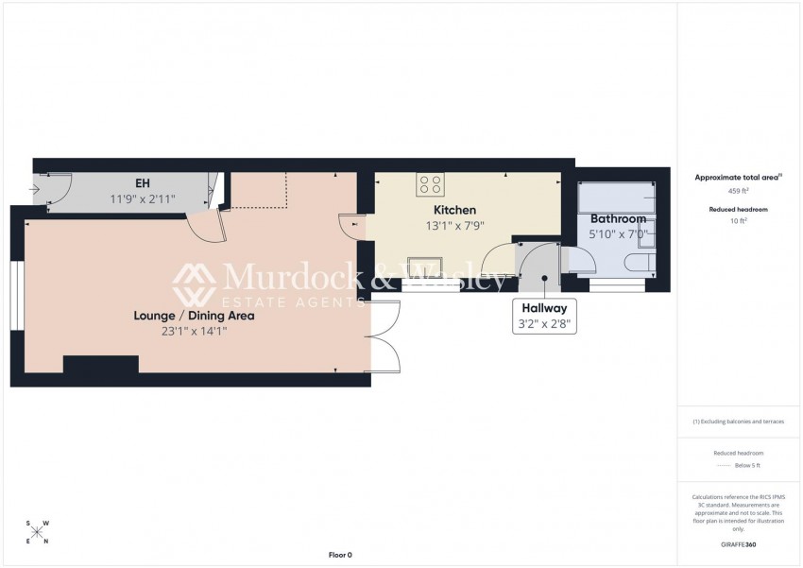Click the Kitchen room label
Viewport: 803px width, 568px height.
click(454, 210)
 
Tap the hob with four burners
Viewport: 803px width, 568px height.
click(430, 184)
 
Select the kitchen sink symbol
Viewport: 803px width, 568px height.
click(425, 267)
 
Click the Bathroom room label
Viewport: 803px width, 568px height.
click(618, 219)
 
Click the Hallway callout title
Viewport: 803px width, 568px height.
click(544, 308)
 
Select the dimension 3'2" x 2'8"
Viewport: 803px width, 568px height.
click(544, 324)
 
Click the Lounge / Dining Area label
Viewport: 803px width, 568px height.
click(194, 316)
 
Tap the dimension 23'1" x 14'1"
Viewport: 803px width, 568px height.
click(194, 332)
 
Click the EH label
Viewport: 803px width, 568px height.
click(143, 182)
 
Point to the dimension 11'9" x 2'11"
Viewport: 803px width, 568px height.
click(143, 198)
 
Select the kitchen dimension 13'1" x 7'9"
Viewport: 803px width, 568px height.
click(454, 226)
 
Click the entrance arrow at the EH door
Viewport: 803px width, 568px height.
click(35, 190)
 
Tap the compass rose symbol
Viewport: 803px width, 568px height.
click(38, 533)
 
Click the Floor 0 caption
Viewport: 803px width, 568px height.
click(340, 555)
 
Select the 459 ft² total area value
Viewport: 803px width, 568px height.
click(738, 191)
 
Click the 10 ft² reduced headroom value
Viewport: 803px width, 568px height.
click(738, 221)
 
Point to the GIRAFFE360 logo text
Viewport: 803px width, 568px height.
click(738, 544)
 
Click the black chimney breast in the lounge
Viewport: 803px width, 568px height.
click(101, 364)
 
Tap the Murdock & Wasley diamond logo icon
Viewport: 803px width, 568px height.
click(194, 284)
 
